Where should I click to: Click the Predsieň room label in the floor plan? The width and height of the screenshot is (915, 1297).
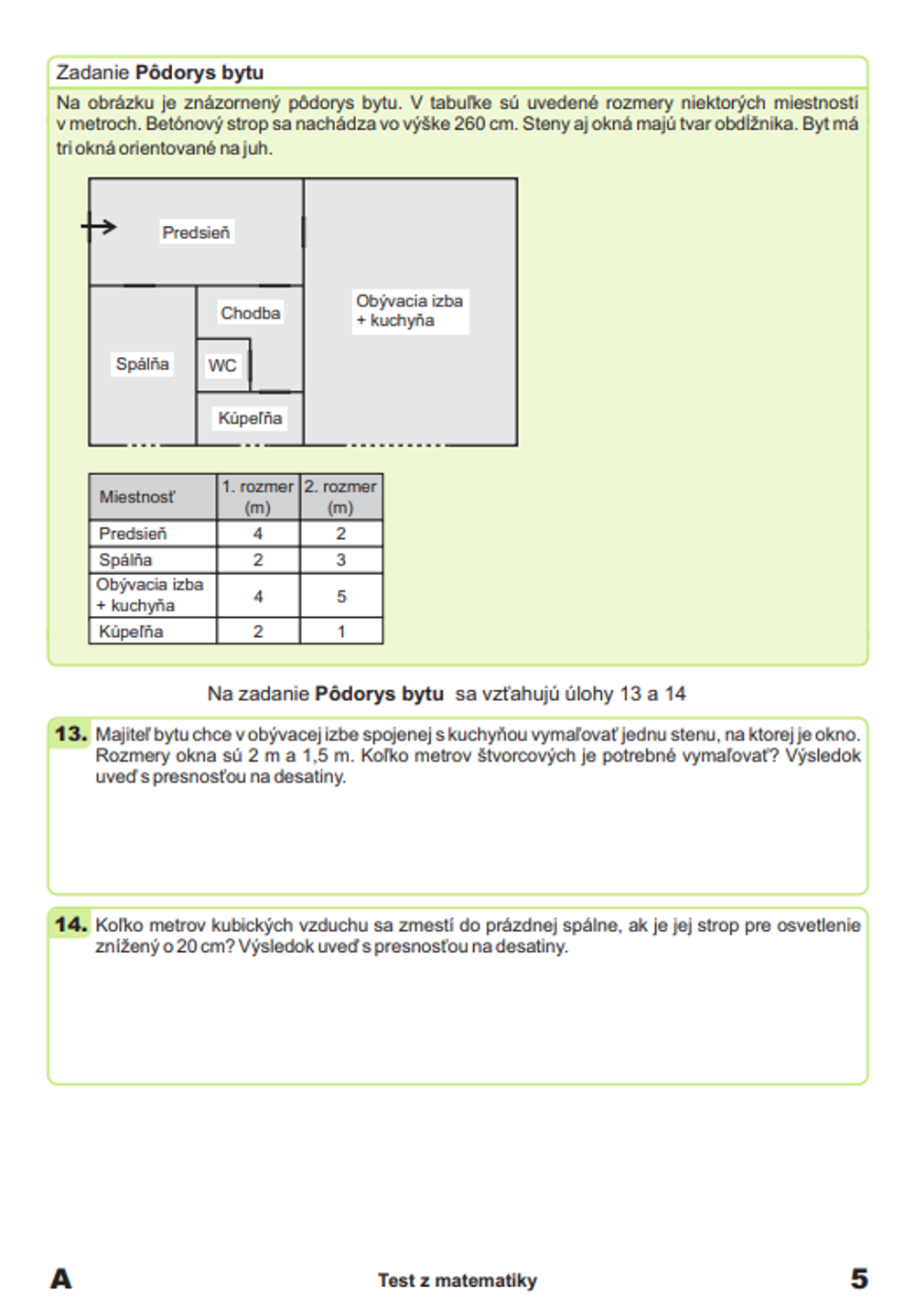tap(196, 232)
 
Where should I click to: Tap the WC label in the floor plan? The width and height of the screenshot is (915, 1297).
tap(221, 366)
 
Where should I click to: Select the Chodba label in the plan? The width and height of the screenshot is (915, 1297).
tap(250, 313)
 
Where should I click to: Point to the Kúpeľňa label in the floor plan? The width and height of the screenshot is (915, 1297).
tap(250, 418)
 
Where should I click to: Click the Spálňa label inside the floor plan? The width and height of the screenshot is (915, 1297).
tap(142, 364)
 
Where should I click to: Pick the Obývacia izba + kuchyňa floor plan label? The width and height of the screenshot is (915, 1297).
tap(409, 310)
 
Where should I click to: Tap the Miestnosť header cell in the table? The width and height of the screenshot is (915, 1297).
tap(136, 497)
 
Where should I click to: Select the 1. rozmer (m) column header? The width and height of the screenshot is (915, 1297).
tap(257, 497)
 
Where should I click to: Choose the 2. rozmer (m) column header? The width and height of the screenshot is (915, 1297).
tap(340, 497)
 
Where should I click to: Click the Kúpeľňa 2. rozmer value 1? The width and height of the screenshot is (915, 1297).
tap(341, 632)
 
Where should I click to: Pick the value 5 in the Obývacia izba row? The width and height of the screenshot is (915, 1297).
tap(341, 596)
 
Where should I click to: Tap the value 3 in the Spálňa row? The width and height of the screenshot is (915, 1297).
tap(341, 560)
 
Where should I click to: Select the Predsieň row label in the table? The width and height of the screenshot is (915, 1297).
tap(133, 534)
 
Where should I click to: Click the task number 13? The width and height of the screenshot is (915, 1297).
tap(70, 734)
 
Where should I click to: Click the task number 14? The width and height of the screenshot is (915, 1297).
tap(70, 924)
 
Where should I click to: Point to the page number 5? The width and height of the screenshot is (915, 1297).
tap(858, 1278)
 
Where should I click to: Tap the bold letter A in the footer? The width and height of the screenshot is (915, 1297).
tap(60, 1279)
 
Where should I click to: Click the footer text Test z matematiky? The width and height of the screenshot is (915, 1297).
tap(457, 1281)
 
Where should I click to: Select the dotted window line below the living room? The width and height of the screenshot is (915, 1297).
tap(398, 446)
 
